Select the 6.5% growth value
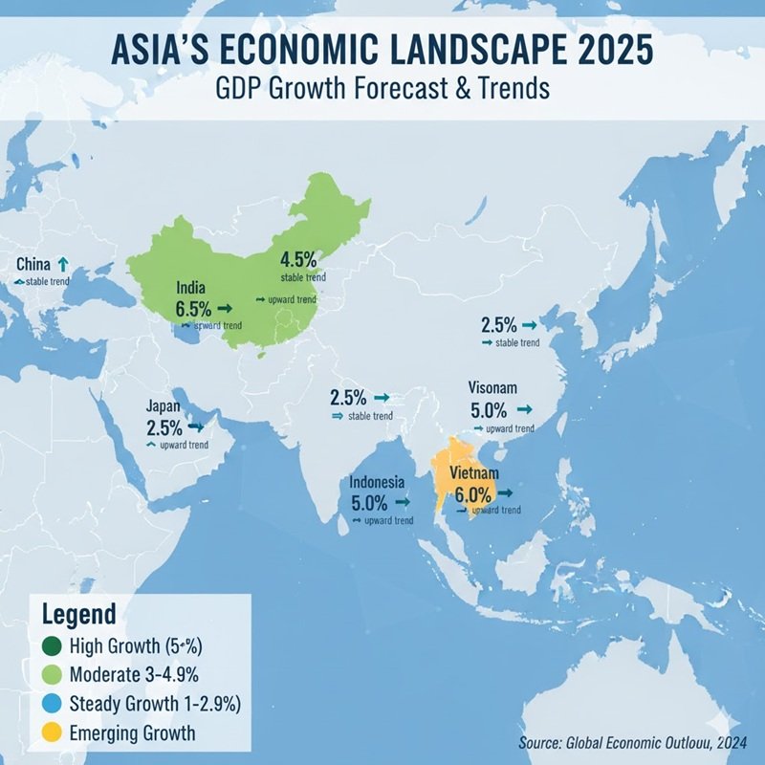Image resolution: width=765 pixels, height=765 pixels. pos(195,309)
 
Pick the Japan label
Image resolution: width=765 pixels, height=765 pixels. pos(164,405)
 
